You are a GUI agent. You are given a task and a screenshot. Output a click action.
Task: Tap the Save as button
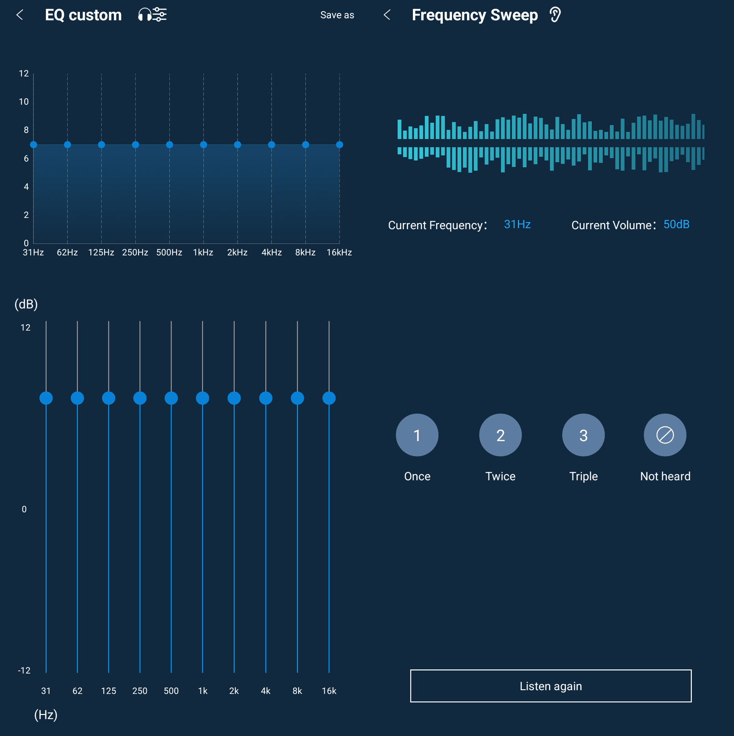(337, 15)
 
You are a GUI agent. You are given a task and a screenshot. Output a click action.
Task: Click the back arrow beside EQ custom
(20, 15)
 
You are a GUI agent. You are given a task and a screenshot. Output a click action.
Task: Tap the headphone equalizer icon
(152, 15)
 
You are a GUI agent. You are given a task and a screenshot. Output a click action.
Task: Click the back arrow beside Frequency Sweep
(387, 15)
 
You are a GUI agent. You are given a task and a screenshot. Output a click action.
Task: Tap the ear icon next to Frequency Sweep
(555, 15)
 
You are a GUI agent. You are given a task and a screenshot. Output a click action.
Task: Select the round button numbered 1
(417, 435)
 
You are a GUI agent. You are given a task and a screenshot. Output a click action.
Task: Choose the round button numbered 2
(500, 435)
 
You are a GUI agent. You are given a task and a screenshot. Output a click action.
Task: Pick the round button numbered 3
(583, 435)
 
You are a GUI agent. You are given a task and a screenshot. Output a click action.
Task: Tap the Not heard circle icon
(665, 435)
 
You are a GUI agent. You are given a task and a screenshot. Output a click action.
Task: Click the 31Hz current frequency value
(517, 224)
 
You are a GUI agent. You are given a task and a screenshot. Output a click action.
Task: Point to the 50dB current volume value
(676, 224)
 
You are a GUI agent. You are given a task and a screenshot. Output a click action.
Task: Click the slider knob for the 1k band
(202, 398)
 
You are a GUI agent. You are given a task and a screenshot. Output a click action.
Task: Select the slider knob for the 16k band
(329, 398)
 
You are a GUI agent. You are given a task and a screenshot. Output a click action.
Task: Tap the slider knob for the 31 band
(46, 398)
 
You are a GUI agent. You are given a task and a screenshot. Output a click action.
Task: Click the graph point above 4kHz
(272, 145)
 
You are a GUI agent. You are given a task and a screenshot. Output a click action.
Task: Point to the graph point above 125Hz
(101, 145)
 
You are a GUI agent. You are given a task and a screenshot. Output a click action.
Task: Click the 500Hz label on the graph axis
(169, 253)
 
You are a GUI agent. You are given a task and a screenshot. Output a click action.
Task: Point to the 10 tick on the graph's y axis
(24, 102)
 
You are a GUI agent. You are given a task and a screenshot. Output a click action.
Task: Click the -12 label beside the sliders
(24, 670)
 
